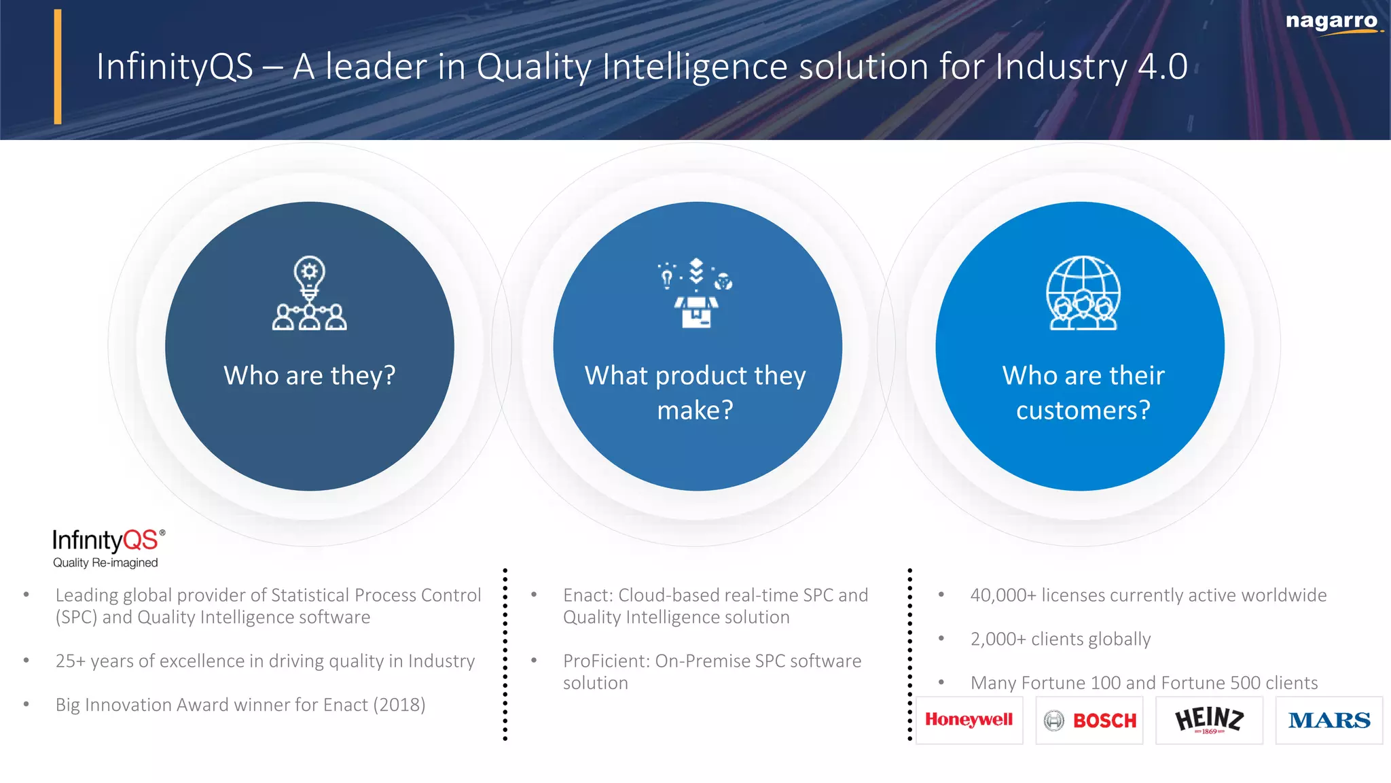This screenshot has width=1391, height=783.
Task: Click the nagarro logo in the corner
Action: pos(1332,22)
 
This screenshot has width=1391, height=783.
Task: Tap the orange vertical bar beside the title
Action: pos(58,67)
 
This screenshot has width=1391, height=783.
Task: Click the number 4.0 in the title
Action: pos(1163,67)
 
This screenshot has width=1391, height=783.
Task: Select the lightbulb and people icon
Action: pos(310,293)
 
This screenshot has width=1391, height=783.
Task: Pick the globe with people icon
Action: pos(1083,293)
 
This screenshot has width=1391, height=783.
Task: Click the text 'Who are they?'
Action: pos(310,375)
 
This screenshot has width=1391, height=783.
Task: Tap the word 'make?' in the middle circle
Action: pos(695,411)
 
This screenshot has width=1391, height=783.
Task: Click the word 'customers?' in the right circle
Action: pos(1083,411)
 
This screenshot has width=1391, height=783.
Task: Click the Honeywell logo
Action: pos(969,720)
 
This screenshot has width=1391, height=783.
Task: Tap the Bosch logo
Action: pos(1090,720)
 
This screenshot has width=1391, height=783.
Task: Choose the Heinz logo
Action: pos(1209,720)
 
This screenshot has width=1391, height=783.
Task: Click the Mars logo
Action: pos(1329,720)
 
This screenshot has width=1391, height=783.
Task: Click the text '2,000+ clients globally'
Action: pos(1060,639)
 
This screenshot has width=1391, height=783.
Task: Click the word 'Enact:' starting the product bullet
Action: pos(588,595)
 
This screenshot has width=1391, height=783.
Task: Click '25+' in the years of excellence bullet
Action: pos(70,661)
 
